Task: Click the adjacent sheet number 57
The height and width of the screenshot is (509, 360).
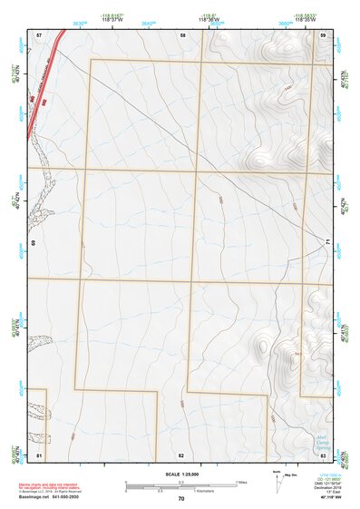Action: pyautogui.click(x=39, y=34)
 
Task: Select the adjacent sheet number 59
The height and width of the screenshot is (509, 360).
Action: pyautogui.click(x=323, y=34)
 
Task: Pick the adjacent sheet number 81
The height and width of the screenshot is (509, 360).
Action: pyautogui.click(x=39, y=454)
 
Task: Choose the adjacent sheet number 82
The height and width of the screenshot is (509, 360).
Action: pyautogui.click(x=181, y=454)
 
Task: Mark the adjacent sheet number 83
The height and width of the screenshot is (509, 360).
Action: pyautogui.click(x=323, y=454)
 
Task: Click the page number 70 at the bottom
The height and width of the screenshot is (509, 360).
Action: pyautogui.click(x=181, y=499)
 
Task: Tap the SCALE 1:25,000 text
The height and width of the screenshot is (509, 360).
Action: pyautogui.click(x=181, y=475)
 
